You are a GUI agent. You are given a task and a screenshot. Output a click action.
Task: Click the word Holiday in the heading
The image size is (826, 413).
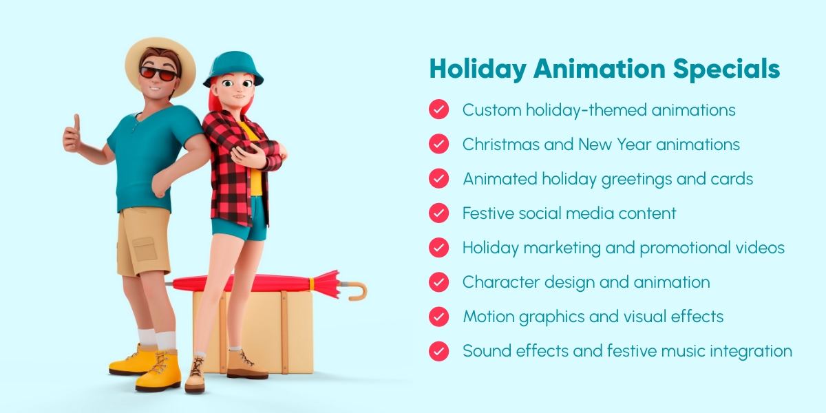point(478,70)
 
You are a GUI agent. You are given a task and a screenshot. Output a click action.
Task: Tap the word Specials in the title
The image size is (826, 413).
point(726,70)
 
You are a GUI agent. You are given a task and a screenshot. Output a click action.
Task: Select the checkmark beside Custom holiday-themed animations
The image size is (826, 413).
point(439,109)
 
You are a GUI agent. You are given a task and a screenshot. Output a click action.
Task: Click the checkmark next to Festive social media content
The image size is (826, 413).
point(439,213)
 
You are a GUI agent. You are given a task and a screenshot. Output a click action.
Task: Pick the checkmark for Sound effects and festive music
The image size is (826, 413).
point(439,350)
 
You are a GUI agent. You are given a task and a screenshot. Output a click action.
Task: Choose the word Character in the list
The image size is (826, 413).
point(501,282)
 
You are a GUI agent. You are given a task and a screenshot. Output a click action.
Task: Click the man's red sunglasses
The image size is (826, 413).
point(158,74)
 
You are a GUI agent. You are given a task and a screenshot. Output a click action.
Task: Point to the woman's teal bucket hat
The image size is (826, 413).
point(233,68)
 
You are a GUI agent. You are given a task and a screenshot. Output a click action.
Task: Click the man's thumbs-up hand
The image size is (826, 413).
point(72,135)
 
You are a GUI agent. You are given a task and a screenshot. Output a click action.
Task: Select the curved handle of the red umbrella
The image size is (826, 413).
point(357,290)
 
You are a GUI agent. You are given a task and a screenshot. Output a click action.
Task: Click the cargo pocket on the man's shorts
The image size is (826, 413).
point(145,249)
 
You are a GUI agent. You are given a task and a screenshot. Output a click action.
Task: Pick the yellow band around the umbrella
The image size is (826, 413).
point(312,284)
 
